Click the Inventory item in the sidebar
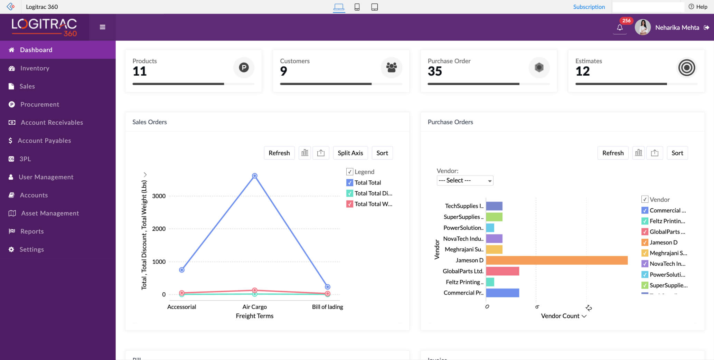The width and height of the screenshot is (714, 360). (x=35, y=68)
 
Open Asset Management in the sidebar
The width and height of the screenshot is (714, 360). (x=50, y=213)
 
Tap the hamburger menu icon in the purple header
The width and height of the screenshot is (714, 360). (x=102, y=27)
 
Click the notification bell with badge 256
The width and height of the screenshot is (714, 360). (x=620, y=27)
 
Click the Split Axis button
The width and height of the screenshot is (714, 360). (x=350, y=153)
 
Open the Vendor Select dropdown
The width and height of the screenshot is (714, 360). (x=464, y=180)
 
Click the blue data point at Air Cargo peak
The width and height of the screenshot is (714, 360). (x=255, y=176)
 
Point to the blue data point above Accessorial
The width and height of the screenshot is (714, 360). (x=182, y=270)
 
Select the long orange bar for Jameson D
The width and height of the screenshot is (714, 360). (x=556, y=260)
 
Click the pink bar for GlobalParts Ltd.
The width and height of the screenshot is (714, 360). (x=502, y=271)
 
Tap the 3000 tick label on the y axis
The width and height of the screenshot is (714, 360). (x=159, y=196)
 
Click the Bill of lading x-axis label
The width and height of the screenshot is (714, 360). (x=327, y=307)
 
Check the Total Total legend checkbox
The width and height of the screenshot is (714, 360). (x=350, y=182)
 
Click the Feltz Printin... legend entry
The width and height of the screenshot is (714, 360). (x=667, y=221)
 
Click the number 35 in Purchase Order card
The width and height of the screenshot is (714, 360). (x=435, y=71)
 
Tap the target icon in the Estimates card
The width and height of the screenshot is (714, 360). (x=686, y=68)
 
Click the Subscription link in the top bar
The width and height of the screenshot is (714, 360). (x=589, y=7)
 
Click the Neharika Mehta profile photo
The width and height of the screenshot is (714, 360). (x=642, y=27)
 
